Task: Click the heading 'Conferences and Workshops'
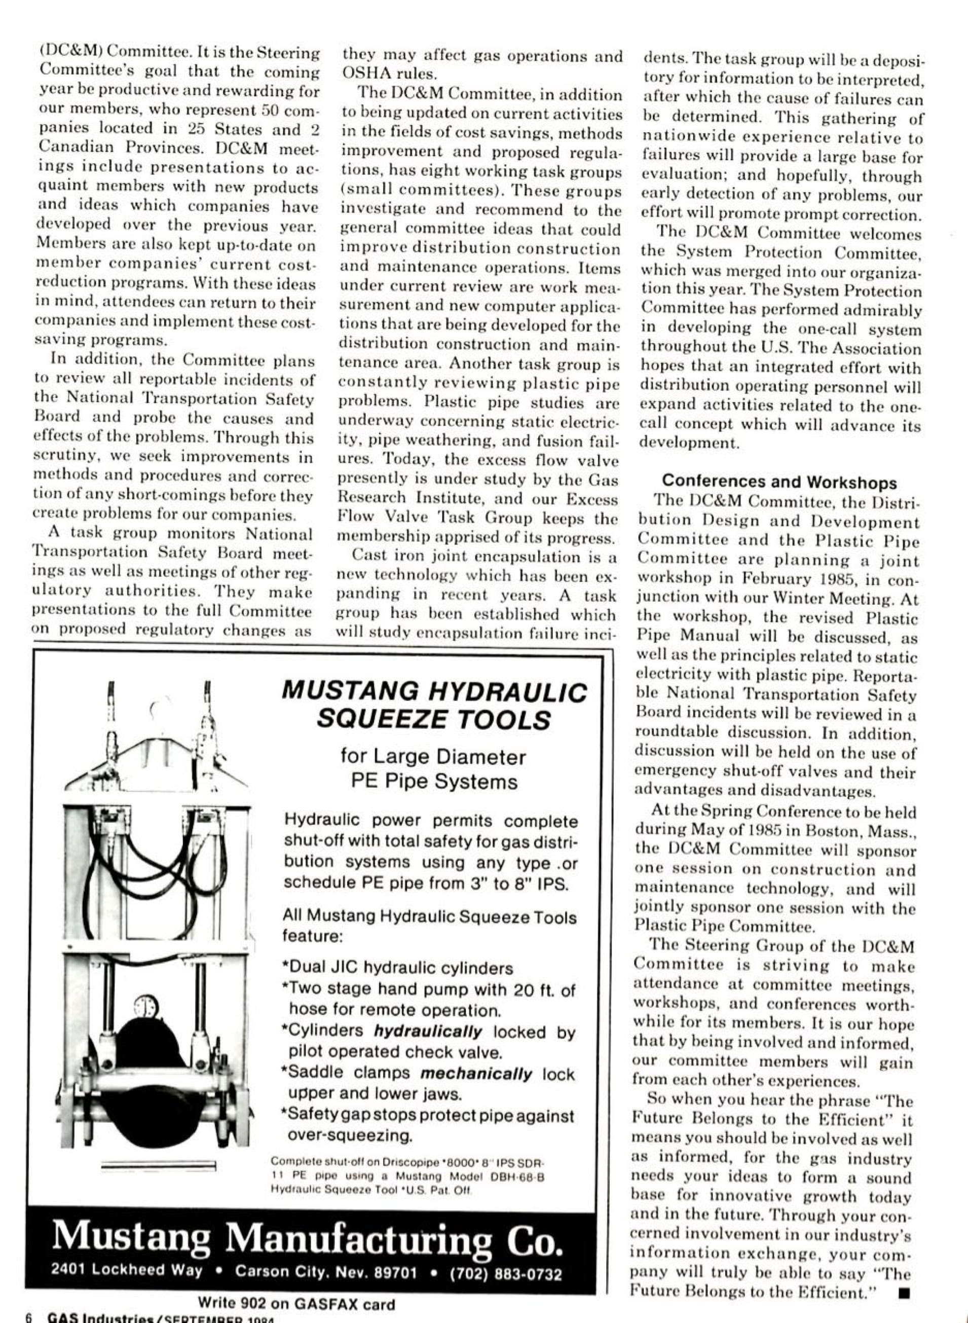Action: [x=779, y=482]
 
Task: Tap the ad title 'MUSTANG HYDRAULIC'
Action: [x=434, y=691]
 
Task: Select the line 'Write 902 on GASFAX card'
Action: [x=296, y=1304]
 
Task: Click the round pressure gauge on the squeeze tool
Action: [x=144, y=1007]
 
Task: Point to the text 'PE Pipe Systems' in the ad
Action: [x=434, y=782]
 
